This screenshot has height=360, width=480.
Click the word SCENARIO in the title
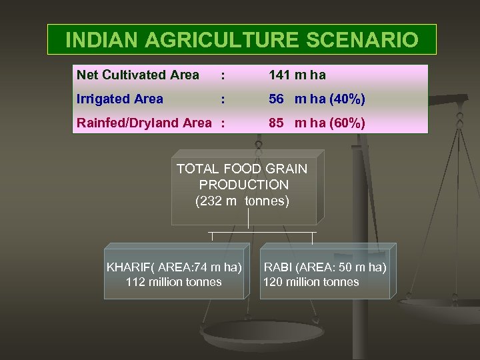362,40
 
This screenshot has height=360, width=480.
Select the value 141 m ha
297,75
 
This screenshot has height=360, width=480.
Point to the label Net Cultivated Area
138,75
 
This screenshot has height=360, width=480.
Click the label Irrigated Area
120,99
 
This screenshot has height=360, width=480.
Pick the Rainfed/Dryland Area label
143,123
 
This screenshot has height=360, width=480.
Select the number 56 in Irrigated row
276,99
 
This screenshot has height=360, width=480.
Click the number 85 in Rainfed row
276,123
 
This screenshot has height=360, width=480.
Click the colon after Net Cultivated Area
223,75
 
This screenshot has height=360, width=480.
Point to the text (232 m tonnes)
242,201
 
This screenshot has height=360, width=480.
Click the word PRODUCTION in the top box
243,185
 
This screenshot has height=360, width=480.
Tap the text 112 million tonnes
173,282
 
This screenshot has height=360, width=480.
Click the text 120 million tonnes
311,282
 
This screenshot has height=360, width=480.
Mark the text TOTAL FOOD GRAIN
242,169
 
